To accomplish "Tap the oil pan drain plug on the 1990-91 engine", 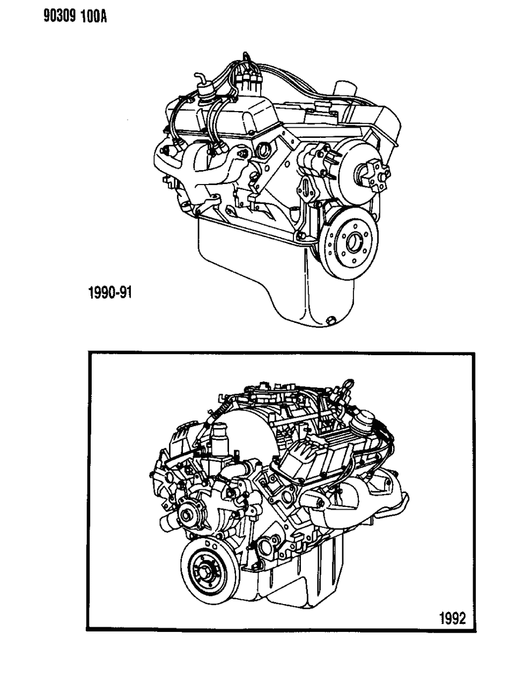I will (x=331, y=320).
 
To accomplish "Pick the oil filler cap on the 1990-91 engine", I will (x=344, y=89).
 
